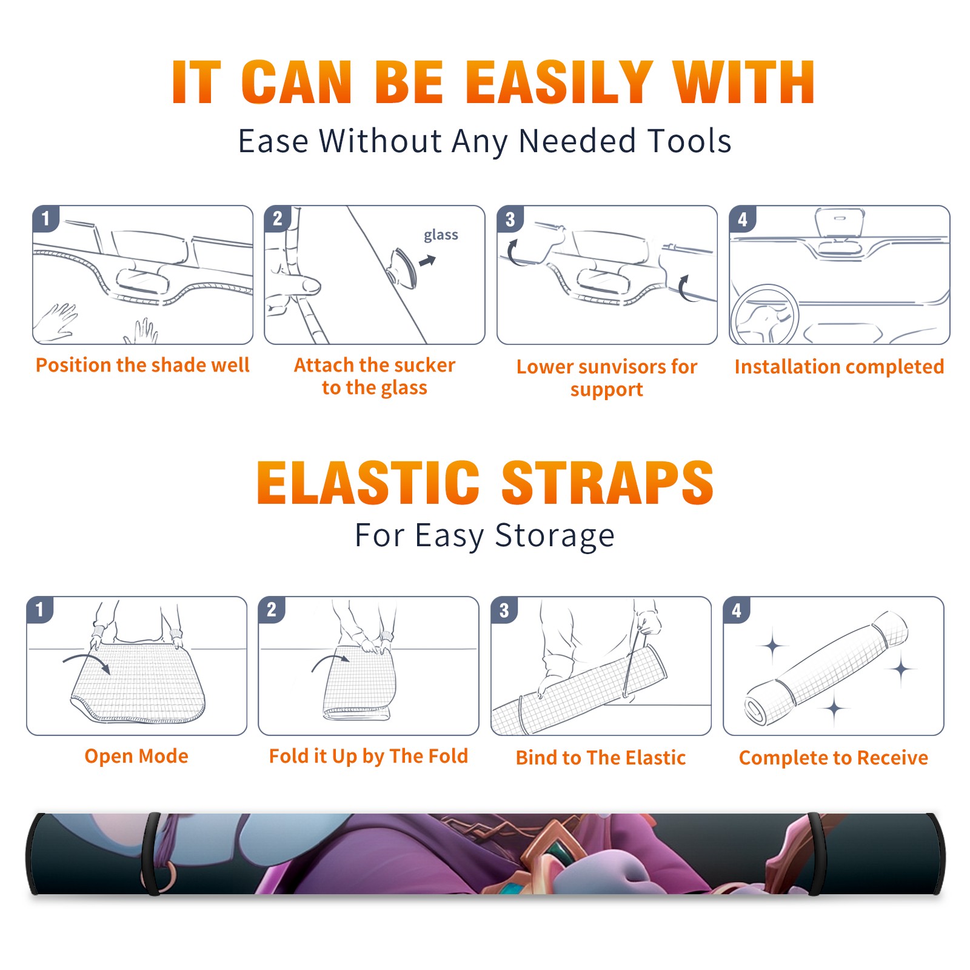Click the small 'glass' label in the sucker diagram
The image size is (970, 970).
[441, 235]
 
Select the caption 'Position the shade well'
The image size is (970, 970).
[142, 365]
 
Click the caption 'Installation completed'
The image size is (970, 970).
[839, 366]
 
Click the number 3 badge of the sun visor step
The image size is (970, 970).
[510, 219]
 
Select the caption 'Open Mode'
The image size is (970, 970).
[136, 756]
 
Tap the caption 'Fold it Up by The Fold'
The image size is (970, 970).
[369, 756]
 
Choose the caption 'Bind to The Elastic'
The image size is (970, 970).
[601, 758]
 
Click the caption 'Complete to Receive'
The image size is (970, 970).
[834, 758]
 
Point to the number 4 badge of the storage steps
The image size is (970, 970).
[737, 610]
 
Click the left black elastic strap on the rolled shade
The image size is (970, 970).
[151, 854]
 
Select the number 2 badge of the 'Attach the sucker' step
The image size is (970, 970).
[277, 219]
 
